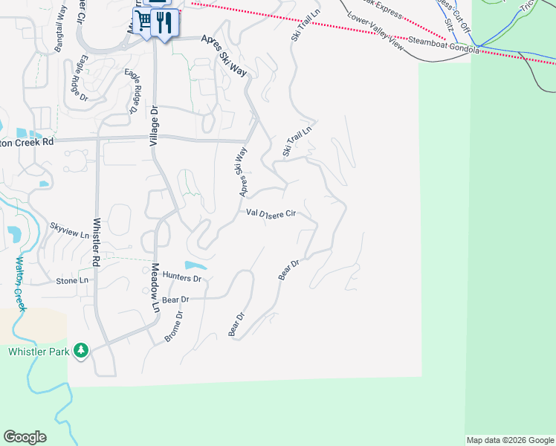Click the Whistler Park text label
pos(39,351)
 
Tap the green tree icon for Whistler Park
pos(82,350)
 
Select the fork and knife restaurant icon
pos(166,22)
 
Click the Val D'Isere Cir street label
pos(271,213)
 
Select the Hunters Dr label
pos(182,278)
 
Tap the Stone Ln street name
pos(72,281)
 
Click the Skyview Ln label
pos(69,230)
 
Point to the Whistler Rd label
pos(96,242)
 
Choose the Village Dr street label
pos(155,124)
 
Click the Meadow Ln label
pos(155,288)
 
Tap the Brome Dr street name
pos(173,327)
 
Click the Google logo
pos(25,437)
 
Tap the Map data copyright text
pos(509,440)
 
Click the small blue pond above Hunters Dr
pos(195,265)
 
